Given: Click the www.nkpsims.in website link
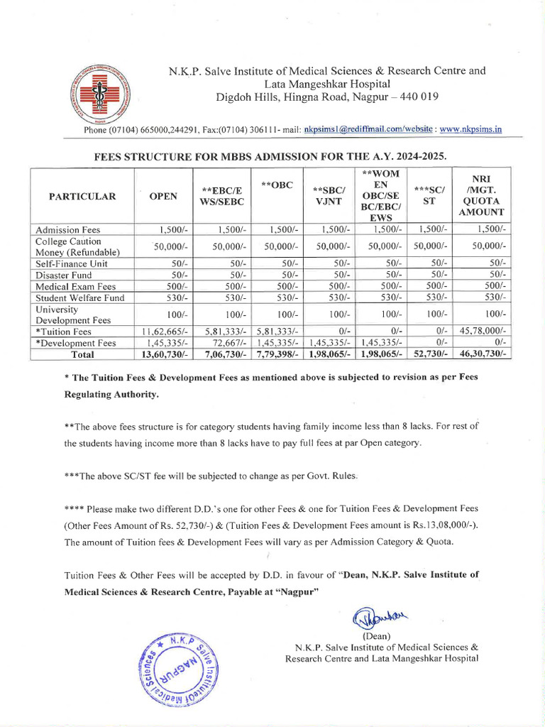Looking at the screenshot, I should [x=470, y=129].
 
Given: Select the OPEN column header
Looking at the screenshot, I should [x=163, y=197].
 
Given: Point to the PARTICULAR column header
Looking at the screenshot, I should [x=82, y=197].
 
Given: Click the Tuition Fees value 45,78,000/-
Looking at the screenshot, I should [x=482, y=332].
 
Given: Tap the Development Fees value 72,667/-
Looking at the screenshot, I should [x=226, y=343].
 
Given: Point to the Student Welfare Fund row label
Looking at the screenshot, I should [x=80, y=297].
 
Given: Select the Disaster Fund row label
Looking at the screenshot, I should [x=64, y=275].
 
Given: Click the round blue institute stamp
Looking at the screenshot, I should [x=180, y=667].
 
